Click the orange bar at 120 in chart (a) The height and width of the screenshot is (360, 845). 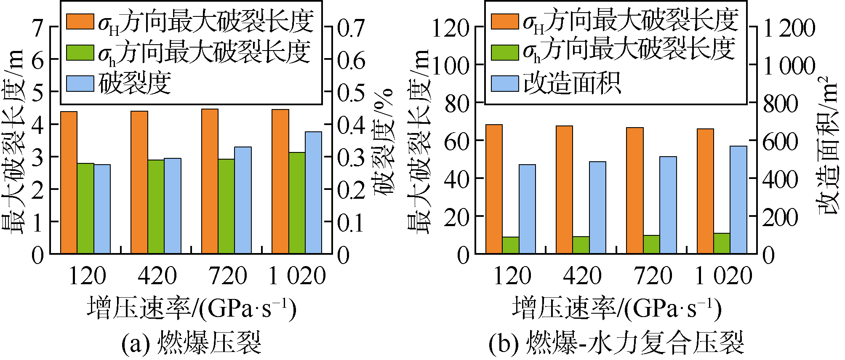[x=69, y=183]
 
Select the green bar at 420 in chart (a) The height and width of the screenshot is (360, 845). [x=156, y=207]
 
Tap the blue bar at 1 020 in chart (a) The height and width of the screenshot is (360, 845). [x=313, y=193]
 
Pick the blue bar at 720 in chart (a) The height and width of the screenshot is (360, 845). [x=243, y=200]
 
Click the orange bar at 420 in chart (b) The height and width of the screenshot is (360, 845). [x=564, y=189]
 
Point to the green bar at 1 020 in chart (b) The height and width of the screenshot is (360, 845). [x=722, y=243]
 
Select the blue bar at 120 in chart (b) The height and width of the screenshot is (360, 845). [x=527, y=209]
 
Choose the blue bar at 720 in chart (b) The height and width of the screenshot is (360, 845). [x=668, y=205]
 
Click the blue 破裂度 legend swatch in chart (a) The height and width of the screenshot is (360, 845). [x=80, y=84]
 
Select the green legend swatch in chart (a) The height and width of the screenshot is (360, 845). [x=80, y=52]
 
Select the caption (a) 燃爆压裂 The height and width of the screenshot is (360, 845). [x=192, y=343]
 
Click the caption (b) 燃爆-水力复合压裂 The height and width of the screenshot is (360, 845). [x=616, y=343]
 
